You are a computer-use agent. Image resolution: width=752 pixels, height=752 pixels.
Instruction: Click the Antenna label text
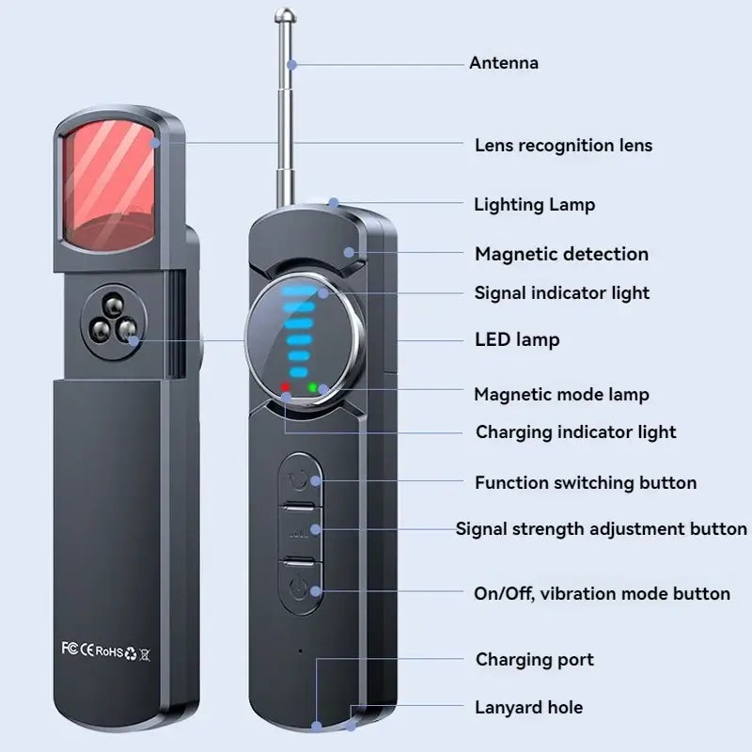pos(504,63)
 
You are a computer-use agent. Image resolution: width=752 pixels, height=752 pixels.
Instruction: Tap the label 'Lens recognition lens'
pos(563,146)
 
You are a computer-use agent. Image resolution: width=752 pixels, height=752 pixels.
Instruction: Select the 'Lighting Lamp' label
pos(534,204)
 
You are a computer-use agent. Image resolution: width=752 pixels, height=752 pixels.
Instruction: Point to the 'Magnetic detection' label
pos(561,254)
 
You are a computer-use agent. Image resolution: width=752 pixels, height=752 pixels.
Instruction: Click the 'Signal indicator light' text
pos(561,292)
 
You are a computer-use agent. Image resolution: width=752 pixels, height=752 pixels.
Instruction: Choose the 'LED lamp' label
pos(516,339)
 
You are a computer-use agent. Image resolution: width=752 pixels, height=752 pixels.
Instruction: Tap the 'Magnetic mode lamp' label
pos(561,395)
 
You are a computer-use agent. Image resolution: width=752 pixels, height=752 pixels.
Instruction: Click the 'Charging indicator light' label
pos(575,432)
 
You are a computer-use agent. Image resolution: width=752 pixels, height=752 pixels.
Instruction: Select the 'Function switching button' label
pos(586,483)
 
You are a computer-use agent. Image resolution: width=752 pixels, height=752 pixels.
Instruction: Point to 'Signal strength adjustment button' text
pos(602,528)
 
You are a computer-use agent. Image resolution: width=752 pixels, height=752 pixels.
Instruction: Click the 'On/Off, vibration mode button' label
pos(602,594)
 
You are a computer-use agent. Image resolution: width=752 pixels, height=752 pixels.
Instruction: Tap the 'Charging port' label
pos(535,660)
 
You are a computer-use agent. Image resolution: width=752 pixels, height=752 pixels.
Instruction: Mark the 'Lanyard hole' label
pos(529,708)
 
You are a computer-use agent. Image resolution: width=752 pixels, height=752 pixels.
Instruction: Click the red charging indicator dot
pos(285,387)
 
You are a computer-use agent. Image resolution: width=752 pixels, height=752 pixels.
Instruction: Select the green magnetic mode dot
pos(312,387)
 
